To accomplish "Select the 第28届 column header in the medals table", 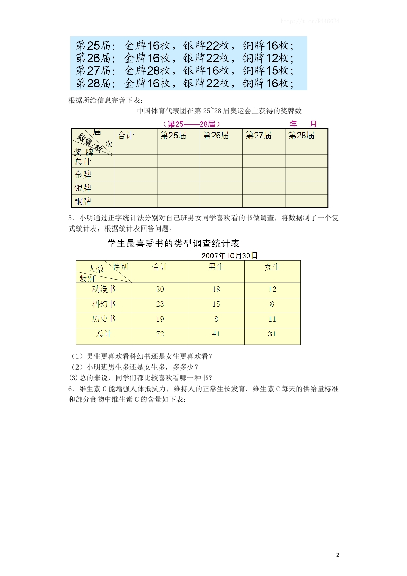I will (x=301, y=136).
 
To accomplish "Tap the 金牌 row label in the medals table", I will (x=83, y=175).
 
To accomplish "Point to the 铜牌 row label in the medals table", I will (x=83, y=201).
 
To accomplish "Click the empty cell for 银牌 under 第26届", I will (x=221, y=188).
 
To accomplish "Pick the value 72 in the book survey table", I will (x=160, y=334).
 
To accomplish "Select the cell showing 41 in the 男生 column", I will (x=216, y=334).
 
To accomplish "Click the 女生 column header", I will (x=272, y=267).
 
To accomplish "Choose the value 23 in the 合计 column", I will (x=160, y=304).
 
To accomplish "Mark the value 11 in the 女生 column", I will (x=272, y=319).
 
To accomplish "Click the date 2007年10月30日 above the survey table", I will (x=229, y=255).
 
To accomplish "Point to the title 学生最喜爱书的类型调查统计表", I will (x=173, y=243).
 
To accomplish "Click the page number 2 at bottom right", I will (x=337, y=555).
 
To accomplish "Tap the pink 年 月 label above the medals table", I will (x=303, y=124).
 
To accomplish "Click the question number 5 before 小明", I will (x=70, y=218).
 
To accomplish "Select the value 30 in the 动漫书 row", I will (x=160, y=289).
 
